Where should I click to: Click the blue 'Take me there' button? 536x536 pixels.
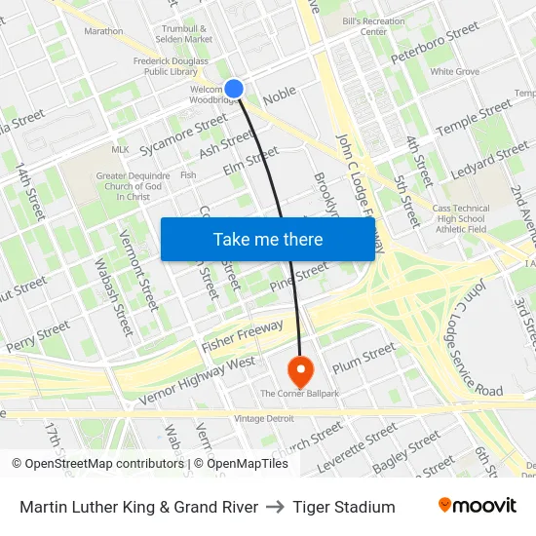(268, 239)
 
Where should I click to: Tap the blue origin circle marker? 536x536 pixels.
(234, 89)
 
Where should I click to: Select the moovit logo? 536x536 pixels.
(478, 506)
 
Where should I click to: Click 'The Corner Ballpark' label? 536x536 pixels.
(299, 394)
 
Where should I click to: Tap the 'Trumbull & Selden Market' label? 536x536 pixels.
(185, 34)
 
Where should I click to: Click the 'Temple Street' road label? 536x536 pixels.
(474, 118)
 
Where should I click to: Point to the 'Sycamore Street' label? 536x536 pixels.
(183, 135)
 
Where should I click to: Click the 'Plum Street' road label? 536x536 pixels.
(364, 358)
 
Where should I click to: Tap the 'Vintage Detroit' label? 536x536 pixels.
(263, 418)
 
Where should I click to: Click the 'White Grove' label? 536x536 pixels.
(454, 72)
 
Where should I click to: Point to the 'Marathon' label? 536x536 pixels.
(103, 31)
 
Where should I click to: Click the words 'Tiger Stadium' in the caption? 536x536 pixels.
(344, 507)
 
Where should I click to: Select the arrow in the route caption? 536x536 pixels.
(276, 507)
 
